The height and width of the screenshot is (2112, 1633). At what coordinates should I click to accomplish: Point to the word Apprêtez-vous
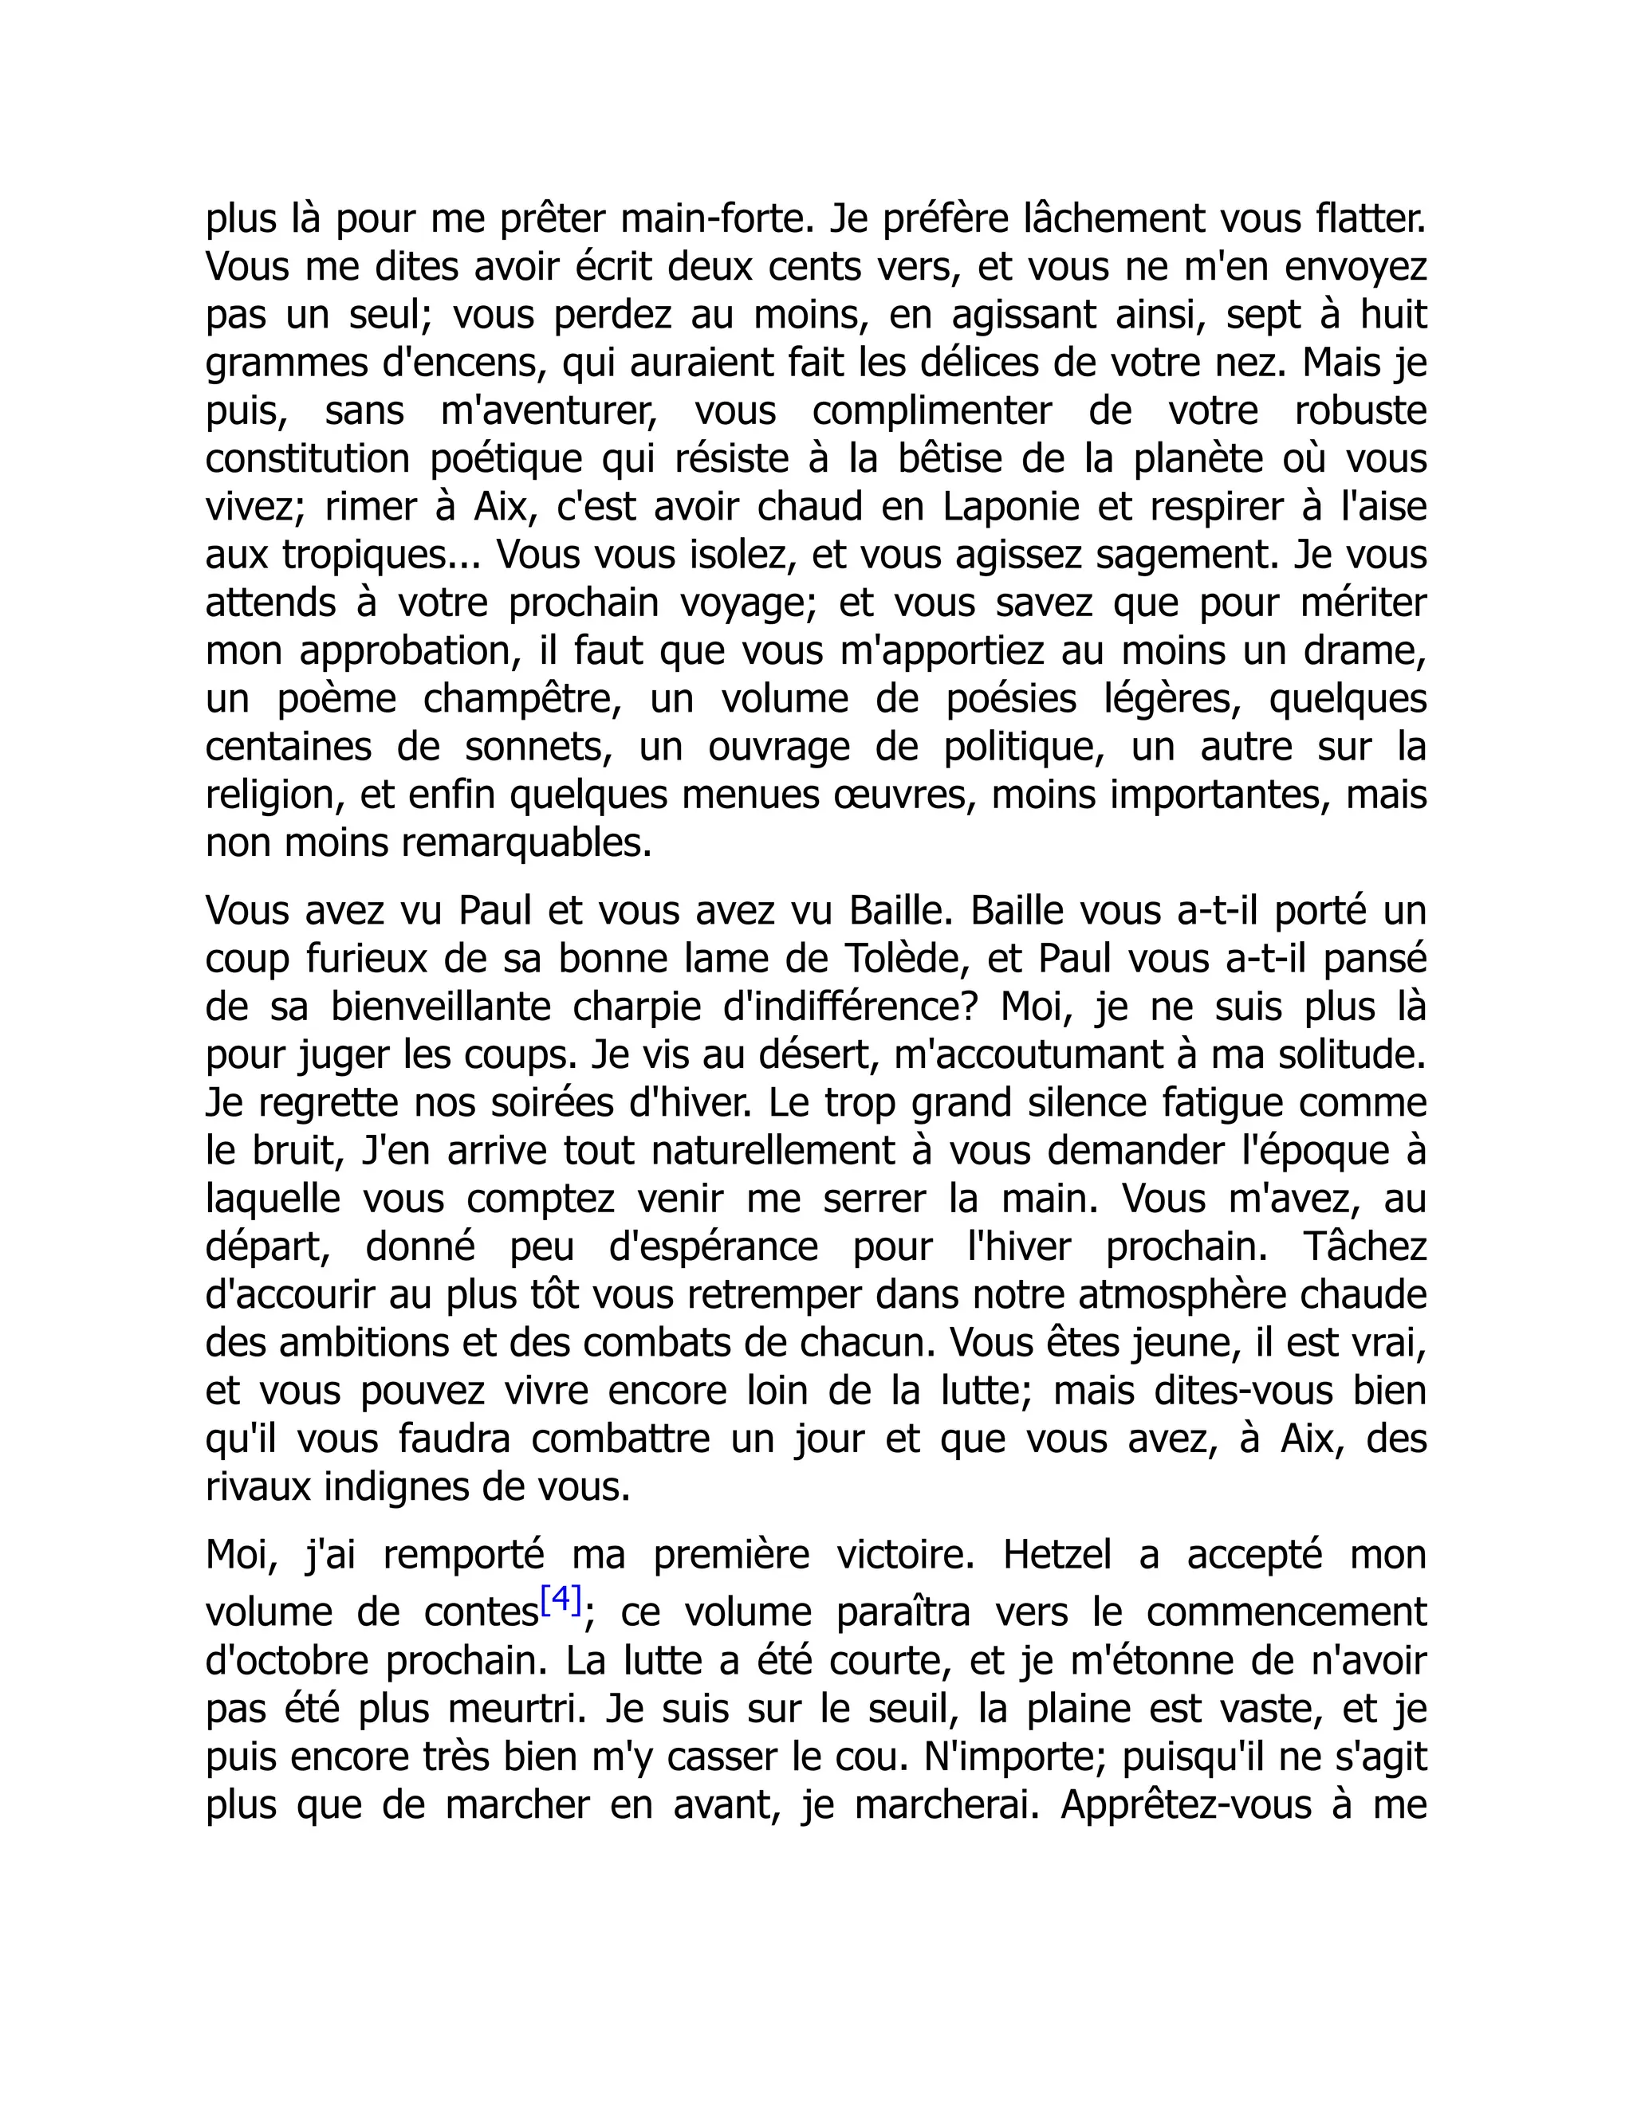coord(1183,1804)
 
